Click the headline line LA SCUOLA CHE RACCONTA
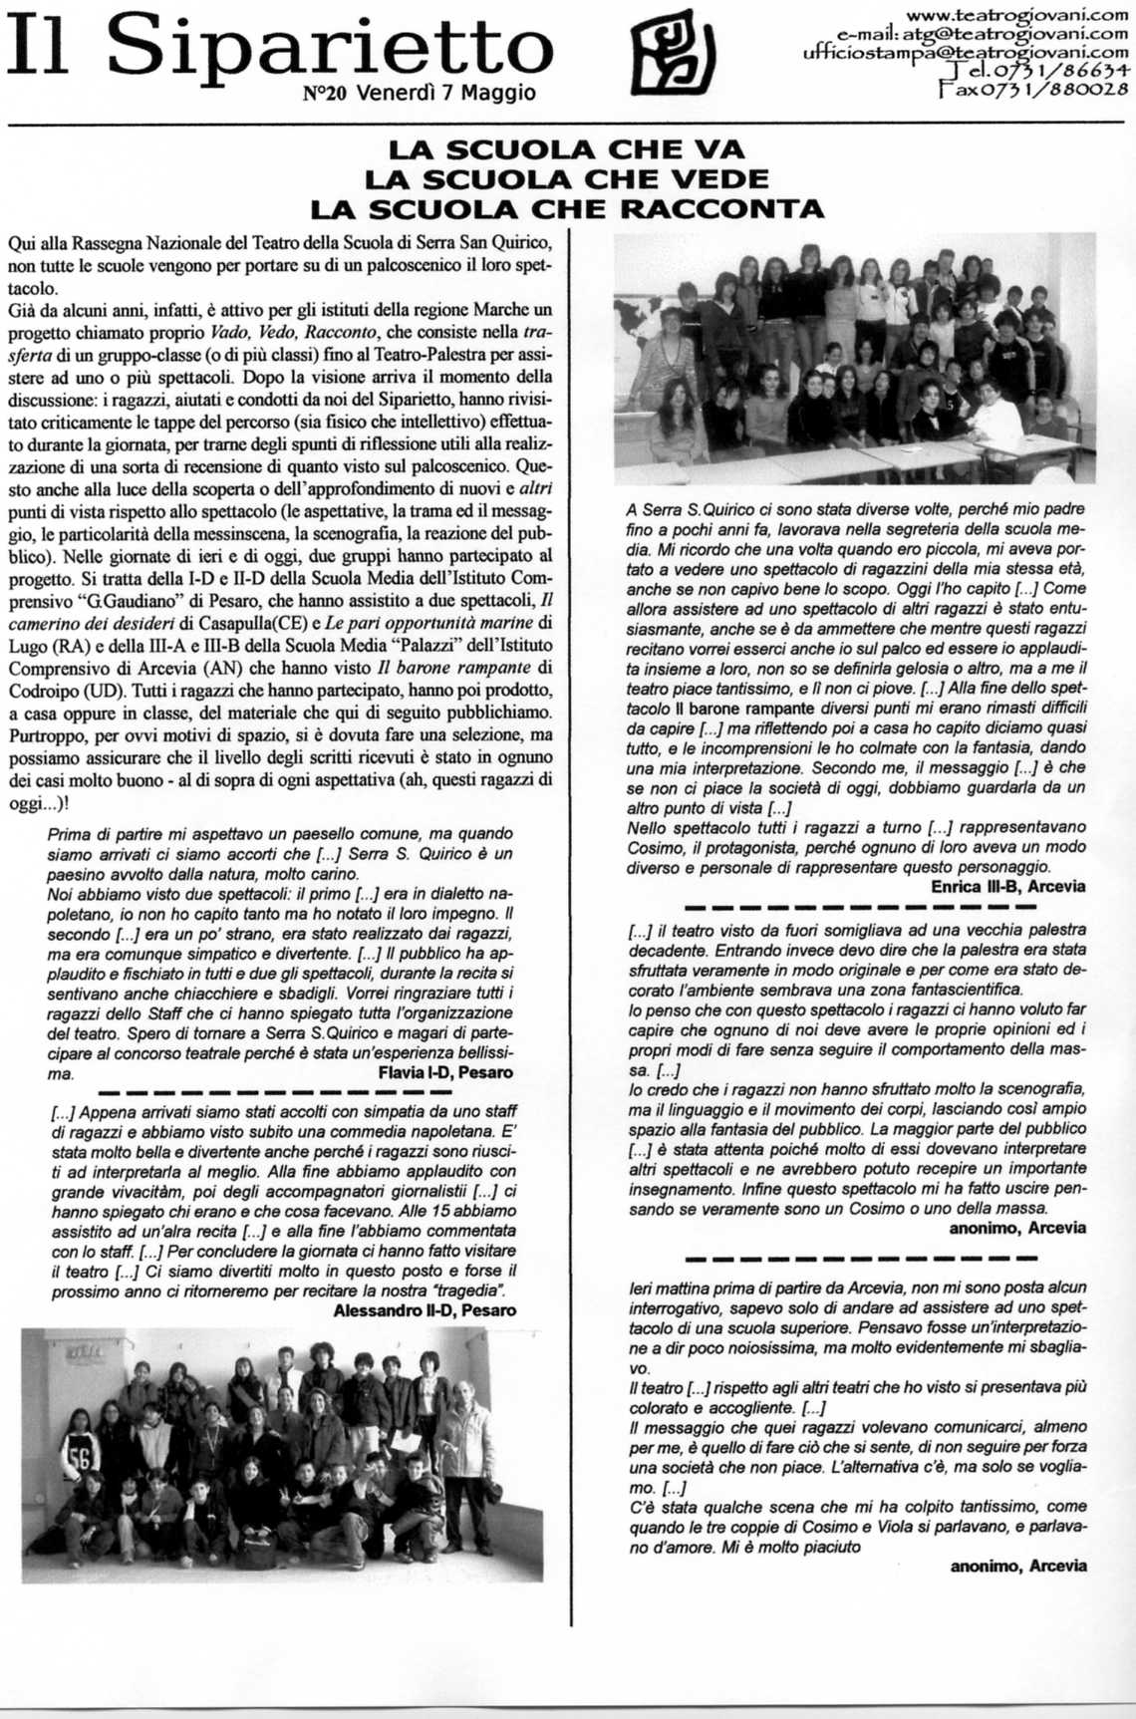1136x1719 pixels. pyautogui.click(x=567, y=209)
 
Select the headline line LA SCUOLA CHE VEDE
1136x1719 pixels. pyautogui.click(x=567, y=179)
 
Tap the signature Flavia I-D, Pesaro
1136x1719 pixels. pyautogui.click(x=445, y=1072)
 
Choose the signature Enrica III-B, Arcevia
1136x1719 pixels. pyautogui.click(x=1008, y=886)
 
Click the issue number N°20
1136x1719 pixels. pyautogui.click(x=325, y=95)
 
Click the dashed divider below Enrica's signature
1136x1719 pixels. pyautogui.click(x=861, y=907)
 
